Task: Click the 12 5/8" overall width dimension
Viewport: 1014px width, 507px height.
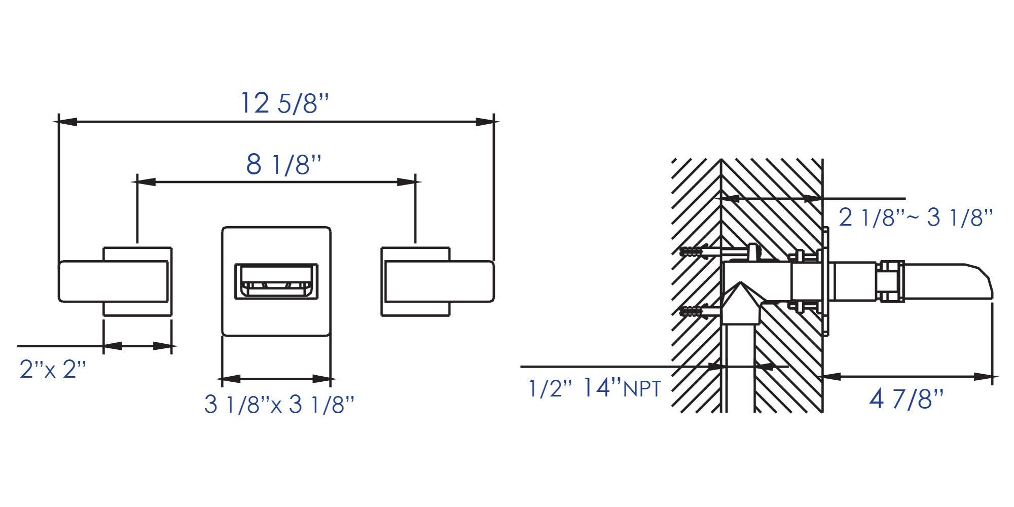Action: click(284, 104)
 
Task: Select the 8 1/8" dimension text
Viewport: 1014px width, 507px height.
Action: click(284, 165)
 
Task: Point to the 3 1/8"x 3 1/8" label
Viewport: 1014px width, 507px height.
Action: click(279, 404)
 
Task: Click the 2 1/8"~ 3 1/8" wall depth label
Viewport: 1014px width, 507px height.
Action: click(916, 218)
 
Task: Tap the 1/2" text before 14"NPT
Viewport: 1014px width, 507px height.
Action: click(550, 389)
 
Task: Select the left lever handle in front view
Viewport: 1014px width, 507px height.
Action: click(113, 281)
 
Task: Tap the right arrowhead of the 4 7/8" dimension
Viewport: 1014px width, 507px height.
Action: click(984, 377)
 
